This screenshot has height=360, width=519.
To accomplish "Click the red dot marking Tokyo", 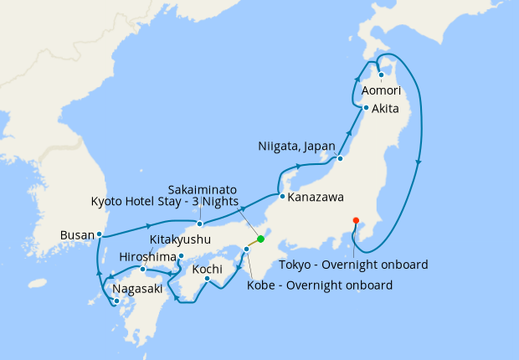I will [x=357, y=220].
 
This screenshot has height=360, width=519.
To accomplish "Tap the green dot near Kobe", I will [x=260, y=239].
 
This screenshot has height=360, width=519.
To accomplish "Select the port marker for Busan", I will [x=99, y=234].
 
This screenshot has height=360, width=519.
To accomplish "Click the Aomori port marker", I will [x=382, y=75].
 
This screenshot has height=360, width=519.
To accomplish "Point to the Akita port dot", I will [x=366, y=108].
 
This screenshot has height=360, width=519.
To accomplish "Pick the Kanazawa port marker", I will [x=282, y=197].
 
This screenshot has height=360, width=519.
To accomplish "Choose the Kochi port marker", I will [x=207, y=278].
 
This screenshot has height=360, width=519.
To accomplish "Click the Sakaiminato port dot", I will [x=199, y=224].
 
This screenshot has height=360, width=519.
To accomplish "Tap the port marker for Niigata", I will [x=341, y=158].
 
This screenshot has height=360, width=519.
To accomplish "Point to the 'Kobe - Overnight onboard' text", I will [x=320, y=285].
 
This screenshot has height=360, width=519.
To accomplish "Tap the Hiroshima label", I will [x=147, y=256].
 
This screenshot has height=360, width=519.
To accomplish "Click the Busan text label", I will [x=76, y=235].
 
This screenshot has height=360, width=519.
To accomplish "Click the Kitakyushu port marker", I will [x=182, y=255].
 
